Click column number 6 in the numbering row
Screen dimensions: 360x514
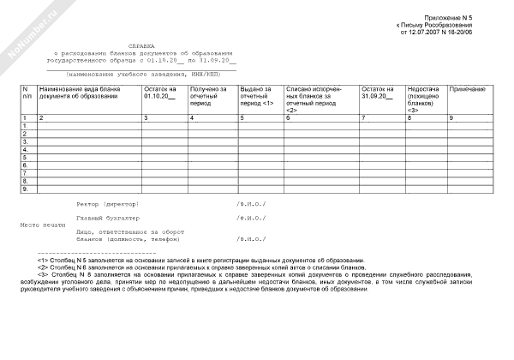point(288,117)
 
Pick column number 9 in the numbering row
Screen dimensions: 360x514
point(451,117)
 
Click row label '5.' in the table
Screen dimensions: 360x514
point(26,157)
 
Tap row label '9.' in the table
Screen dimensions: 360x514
point(26,189)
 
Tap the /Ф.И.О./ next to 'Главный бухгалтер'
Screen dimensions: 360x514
point(251,219)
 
